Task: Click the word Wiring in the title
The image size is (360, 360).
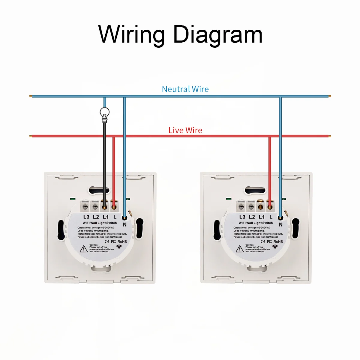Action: click(x=132, y=34)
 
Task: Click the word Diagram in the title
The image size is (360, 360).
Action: click(x=218, y=34)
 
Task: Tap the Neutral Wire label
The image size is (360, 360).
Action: click(x=185, y=89)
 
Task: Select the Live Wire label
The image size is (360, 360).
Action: click(x=185, y=130)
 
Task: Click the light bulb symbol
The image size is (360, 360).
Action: click(x=104, y=114)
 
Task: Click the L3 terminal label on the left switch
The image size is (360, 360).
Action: click(x=86, y=217)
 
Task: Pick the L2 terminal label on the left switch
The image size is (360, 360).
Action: click(x=96, y=217)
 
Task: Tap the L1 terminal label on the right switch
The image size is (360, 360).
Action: click(x=262, y=217)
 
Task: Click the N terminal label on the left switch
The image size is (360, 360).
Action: click(x=125, y=224)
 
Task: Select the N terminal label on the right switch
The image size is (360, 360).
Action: click(x=281, y=224)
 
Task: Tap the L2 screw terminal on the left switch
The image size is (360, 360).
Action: click(x=95, y=206)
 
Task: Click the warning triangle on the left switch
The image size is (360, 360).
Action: click(x=83, y=249)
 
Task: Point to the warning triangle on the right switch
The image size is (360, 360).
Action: click(x=239, y=249)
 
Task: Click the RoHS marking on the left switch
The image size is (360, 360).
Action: click(x=122, y=241)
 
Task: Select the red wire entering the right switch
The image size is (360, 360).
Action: click(x=270, y=171)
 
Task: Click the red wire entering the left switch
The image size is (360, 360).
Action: click(x=114, y=171)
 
